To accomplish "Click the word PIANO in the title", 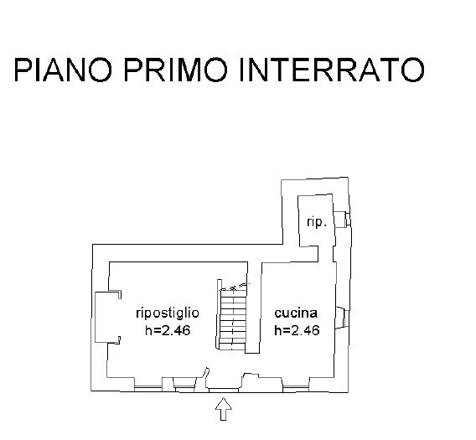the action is click(x=63, y=70).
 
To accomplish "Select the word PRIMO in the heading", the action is click(x=176, y=70).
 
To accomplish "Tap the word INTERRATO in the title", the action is click(x=332, y=70).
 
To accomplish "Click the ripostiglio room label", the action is click(x=168, y=313).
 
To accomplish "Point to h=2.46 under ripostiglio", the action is click(x=168, y=330).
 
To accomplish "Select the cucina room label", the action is click(x=296, y=313).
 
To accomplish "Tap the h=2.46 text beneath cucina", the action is click(x=297, y=330).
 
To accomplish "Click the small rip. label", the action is click(x=317, y=222).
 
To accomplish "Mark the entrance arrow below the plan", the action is click(x=224, y=409).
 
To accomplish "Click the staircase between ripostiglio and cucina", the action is click(x=232, y=316).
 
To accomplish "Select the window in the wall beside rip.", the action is click(x=343, y=220).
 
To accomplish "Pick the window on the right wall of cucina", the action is click(x=343, y=318).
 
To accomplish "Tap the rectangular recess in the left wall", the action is click(x=108, y=318).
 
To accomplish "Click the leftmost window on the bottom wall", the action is click(x=148, y=388).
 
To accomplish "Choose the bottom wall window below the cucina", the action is click(x=296, y=388).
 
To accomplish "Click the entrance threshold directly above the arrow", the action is click(x=224, y=390).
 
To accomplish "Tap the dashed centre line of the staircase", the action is click(x=233, y=316).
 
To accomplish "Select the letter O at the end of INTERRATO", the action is click(x=412, y=70).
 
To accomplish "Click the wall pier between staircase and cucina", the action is click(x=254, y=308).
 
